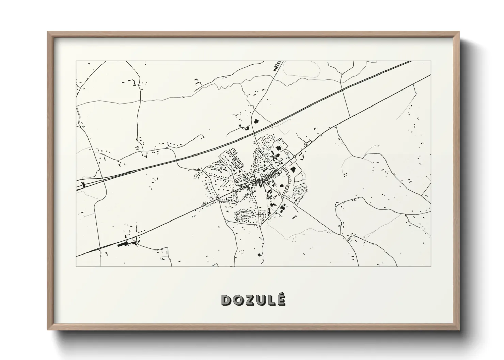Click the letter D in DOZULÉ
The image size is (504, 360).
click(226, 300)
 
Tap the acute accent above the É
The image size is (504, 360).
click(282, 294)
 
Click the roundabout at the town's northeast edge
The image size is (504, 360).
click(294, 157)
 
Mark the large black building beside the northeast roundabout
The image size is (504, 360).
click(293, 169)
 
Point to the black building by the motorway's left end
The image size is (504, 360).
click(83, 185)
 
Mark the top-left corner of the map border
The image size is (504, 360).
click(76, 61)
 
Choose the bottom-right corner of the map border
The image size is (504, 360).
click(431, 266)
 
